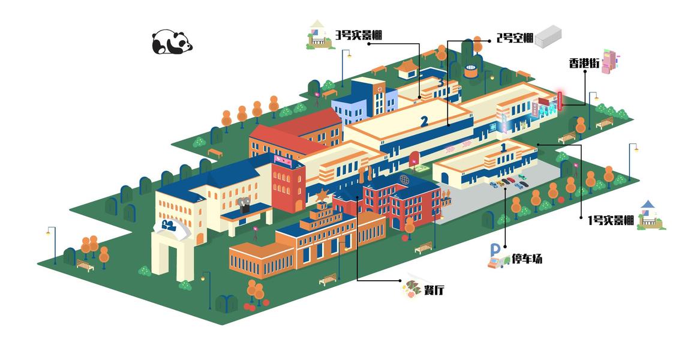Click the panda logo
pos(172,42)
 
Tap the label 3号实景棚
pos(359,35)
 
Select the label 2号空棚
pos(515,38)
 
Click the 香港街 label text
pos(584,63)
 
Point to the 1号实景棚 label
pos(610,220)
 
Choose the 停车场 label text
pos(527,259)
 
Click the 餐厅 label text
pos(434,290)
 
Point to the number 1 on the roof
pos(503,146)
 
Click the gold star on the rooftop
pos(323,196)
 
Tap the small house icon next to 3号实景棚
pos(320,35)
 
